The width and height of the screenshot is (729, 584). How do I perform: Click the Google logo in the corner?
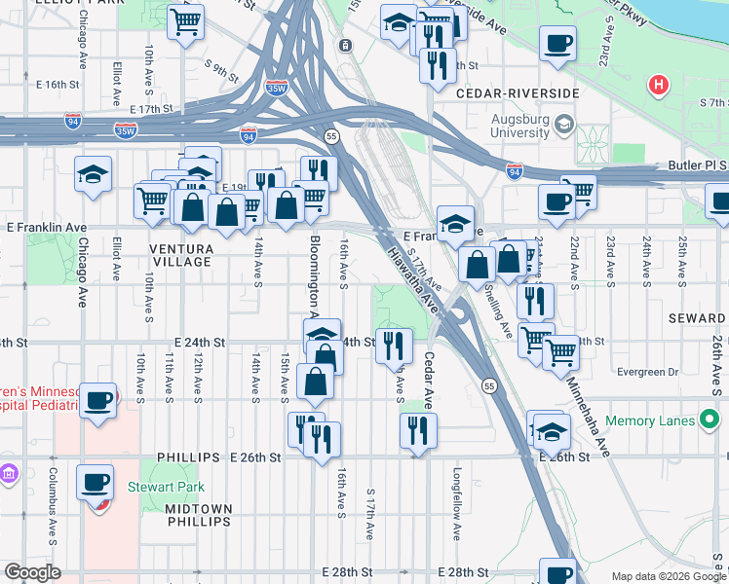32,572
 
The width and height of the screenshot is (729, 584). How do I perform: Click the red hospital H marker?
660,86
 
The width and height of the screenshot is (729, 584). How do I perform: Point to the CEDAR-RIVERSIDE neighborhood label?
518,93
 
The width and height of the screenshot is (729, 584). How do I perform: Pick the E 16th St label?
52,85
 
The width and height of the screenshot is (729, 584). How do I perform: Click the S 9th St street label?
222,69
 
